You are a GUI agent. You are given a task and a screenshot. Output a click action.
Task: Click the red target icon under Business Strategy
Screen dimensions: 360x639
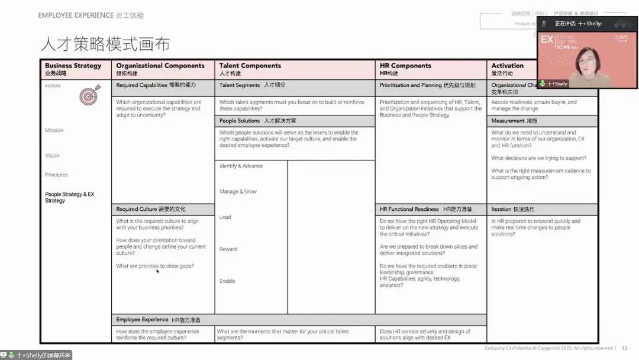pos(91,96)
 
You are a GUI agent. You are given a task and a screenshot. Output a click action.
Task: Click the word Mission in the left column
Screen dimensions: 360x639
pos(54,130)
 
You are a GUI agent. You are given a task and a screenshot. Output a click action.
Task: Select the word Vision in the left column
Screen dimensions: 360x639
pos(52,156)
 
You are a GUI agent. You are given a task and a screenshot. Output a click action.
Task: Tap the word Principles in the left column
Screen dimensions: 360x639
pos(56,175)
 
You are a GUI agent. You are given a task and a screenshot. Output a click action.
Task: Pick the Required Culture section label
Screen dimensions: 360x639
pos(150,209)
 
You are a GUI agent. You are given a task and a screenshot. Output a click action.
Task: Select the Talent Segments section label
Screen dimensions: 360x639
pos(252,85)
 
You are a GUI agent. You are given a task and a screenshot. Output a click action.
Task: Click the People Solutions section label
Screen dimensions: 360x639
pos(252,121)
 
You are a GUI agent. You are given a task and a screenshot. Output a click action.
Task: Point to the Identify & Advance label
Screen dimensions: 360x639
pos(241,166)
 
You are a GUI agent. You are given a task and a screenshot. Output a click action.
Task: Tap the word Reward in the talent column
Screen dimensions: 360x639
pos(228,249)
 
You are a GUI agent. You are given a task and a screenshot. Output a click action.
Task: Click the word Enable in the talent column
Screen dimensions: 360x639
pos(227,281)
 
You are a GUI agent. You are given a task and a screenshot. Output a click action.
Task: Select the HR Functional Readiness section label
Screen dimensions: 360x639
pos(425,209)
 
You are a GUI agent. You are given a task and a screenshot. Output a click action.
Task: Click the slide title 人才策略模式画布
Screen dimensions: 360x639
pos(105,44)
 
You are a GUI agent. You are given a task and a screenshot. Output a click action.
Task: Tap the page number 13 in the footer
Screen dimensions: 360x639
pos(624,348)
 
